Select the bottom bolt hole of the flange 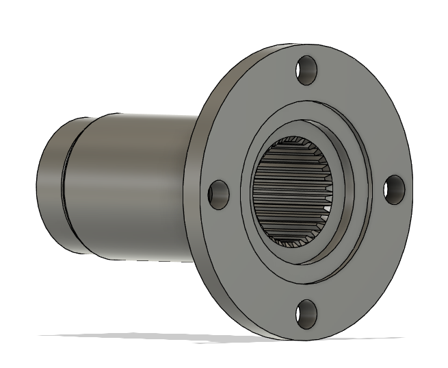point(306,313)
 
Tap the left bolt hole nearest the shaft point(218,193)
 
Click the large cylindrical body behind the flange point(137,185)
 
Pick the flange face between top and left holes point(246,110)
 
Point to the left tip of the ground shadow point(42,335)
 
